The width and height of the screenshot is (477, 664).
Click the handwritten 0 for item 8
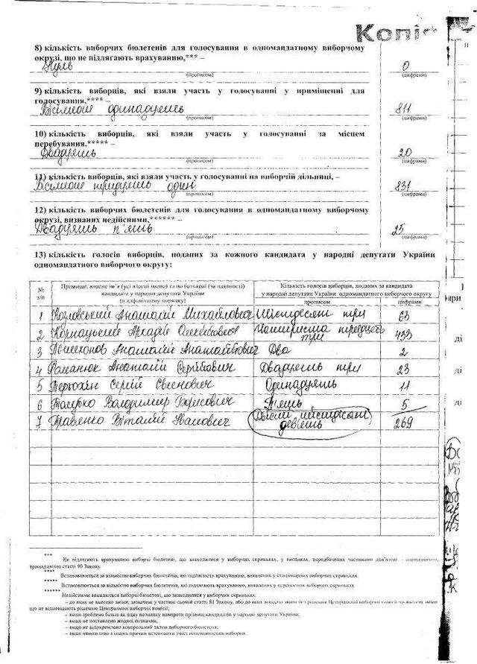[x=407, y=66]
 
